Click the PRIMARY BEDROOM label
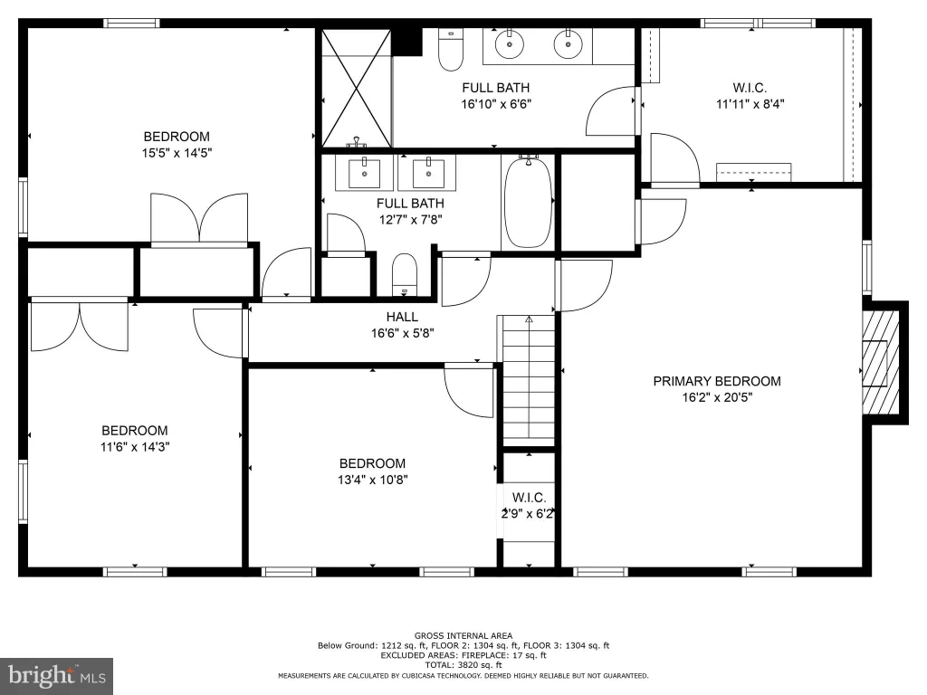pos(717,381)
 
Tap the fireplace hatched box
pos(881,362)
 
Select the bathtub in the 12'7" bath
pos(529,202)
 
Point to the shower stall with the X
pos(356,88)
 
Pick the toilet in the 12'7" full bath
pos(405,274)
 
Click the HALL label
pos(402,317)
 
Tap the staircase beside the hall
pos(529,381)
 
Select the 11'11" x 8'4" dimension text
pos(750,104)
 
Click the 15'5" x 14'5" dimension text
pos(177,153)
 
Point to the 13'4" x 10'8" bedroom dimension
pos(372,480)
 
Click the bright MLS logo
pos(57,676)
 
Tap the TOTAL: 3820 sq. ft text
pos(463,665)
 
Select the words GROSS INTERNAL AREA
pos(463,636)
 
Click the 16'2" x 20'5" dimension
pos(717,397)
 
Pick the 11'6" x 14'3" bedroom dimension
pos(135,447)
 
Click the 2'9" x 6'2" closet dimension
pos(528,514)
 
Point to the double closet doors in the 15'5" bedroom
pos(199,217)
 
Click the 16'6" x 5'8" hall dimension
pos(403,333)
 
